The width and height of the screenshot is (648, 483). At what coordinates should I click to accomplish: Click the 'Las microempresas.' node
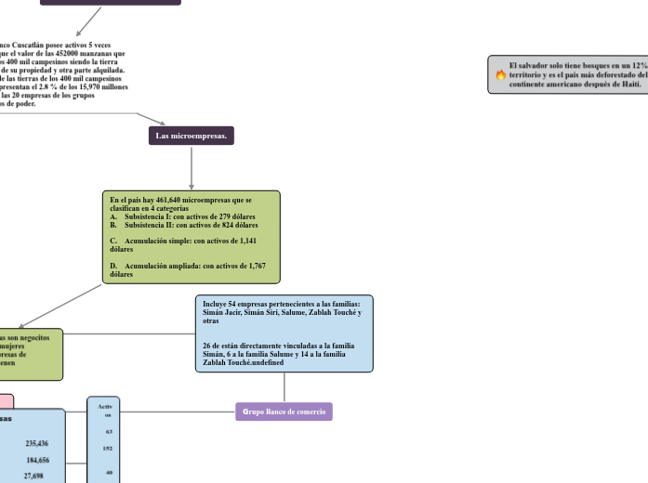point(192,137)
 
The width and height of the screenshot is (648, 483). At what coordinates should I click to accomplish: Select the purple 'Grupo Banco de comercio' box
point(284,411)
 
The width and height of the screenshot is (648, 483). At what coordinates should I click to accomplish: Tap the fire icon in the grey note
point(500,74)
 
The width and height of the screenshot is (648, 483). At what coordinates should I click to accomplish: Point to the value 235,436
point(38,444)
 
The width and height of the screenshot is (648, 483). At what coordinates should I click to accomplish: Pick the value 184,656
point(38,460)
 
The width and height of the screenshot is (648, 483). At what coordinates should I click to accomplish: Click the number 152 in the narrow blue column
point(109,448)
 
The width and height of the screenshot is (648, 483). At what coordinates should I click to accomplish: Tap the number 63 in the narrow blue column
point(109,432)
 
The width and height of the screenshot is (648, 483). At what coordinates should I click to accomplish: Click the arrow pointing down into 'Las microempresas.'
point(164,124)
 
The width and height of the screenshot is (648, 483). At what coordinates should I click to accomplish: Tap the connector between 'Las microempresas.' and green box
point(192,168)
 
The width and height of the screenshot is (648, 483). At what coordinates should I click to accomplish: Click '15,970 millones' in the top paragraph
point(105,86)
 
